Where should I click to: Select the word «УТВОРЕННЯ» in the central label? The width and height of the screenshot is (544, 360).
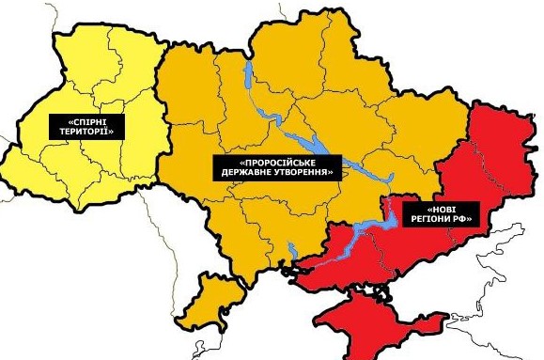(x=303, y=173)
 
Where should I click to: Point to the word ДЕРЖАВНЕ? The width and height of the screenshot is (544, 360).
(x=249, y=173)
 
